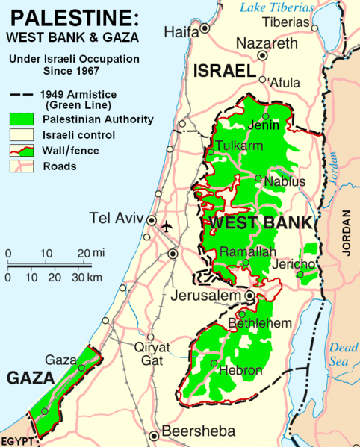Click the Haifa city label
[181, 32]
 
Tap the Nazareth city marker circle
[262, 56]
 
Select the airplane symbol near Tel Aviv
[167, 225]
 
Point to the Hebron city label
[239, 371]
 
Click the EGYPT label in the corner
[17, 440]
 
